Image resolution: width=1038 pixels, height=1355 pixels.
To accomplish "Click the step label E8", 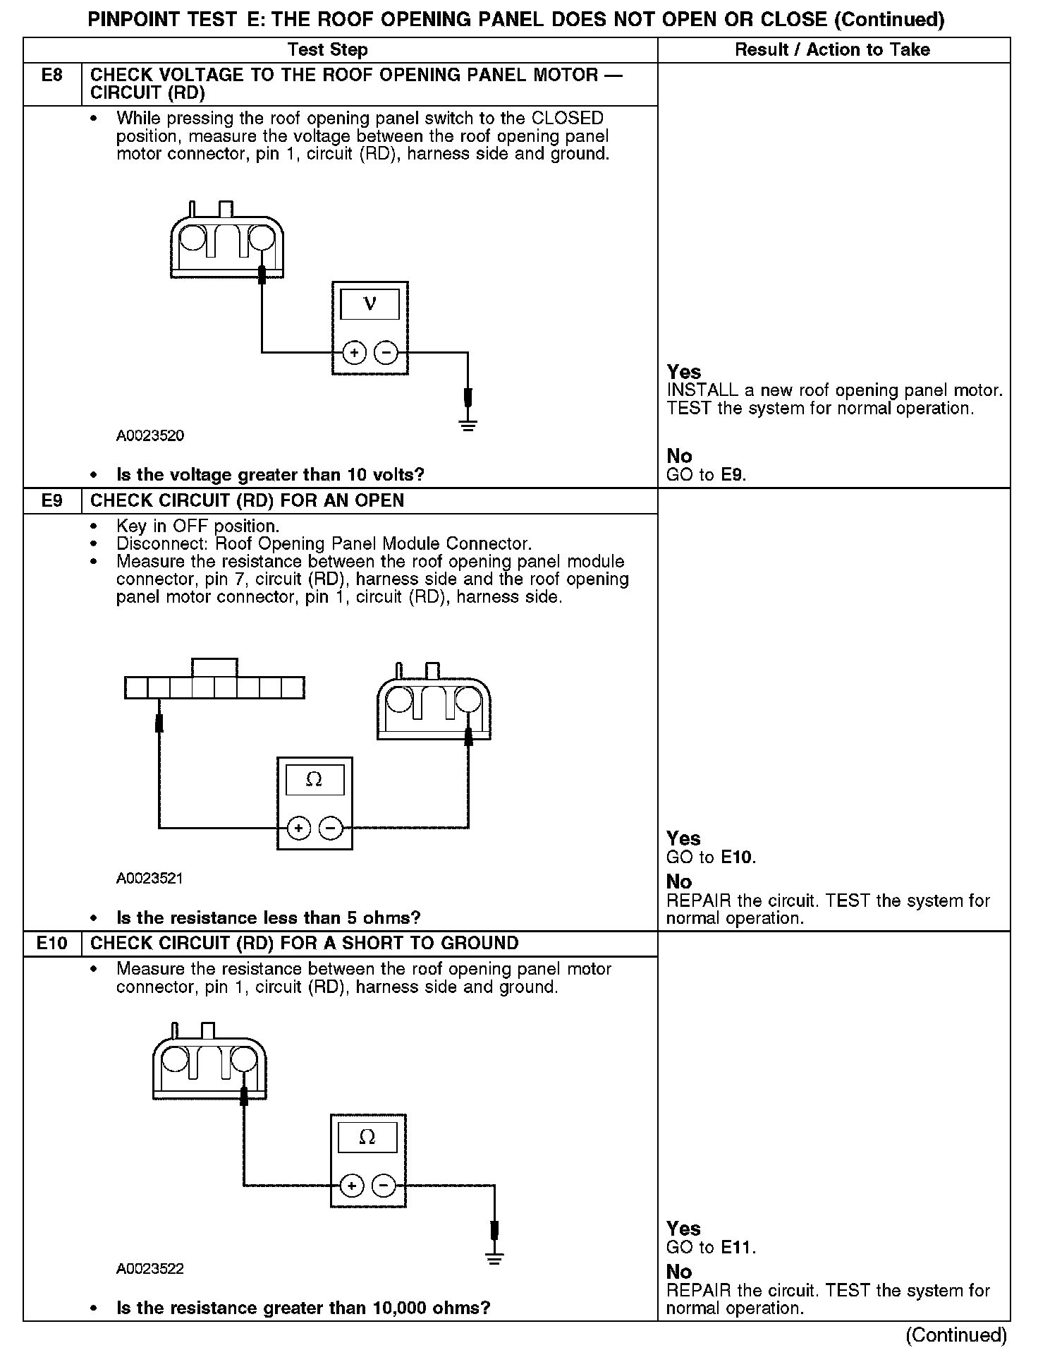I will [51, 76].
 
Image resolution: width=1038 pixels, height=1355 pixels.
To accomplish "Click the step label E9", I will [51, 501].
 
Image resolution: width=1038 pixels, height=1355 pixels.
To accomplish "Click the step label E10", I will [51, 944].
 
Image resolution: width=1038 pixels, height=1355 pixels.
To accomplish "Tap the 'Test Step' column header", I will [327, 50].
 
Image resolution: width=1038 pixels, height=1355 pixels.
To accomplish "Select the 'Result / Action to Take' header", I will [832, 50].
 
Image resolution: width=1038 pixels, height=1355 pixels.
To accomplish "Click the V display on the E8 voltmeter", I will [370, 304].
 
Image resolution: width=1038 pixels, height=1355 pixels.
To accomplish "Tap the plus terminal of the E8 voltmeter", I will [354, 351].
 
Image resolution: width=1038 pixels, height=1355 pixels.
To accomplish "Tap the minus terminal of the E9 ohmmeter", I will [331, 827].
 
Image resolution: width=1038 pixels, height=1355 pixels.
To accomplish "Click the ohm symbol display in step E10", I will [367, 1137].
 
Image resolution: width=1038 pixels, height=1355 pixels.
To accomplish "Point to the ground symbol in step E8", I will [468, 424].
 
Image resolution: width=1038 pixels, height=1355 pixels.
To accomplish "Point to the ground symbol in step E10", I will [494, 1258].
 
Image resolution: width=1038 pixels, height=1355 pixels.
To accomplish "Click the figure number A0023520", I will [150, 436].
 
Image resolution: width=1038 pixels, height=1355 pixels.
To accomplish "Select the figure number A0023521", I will [150, 879].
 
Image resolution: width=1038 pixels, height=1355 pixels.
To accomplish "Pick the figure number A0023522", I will [150, 1269].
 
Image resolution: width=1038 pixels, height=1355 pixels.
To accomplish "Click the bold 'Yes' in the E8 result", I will [684, 372].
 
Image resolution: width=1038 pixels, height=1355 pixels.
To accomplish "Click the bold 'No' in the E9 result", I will [679, 881].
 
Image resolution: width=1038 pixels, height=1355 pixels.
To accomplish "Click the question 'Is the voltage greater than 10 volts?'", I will [270, 475].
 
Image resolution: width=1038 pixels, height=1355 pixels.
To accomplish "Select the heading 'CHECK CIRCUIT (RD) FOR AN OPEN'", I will [248, 501].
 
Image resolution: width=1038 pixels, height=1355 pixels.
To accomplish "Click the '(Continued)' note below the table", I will [955, 1335].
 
